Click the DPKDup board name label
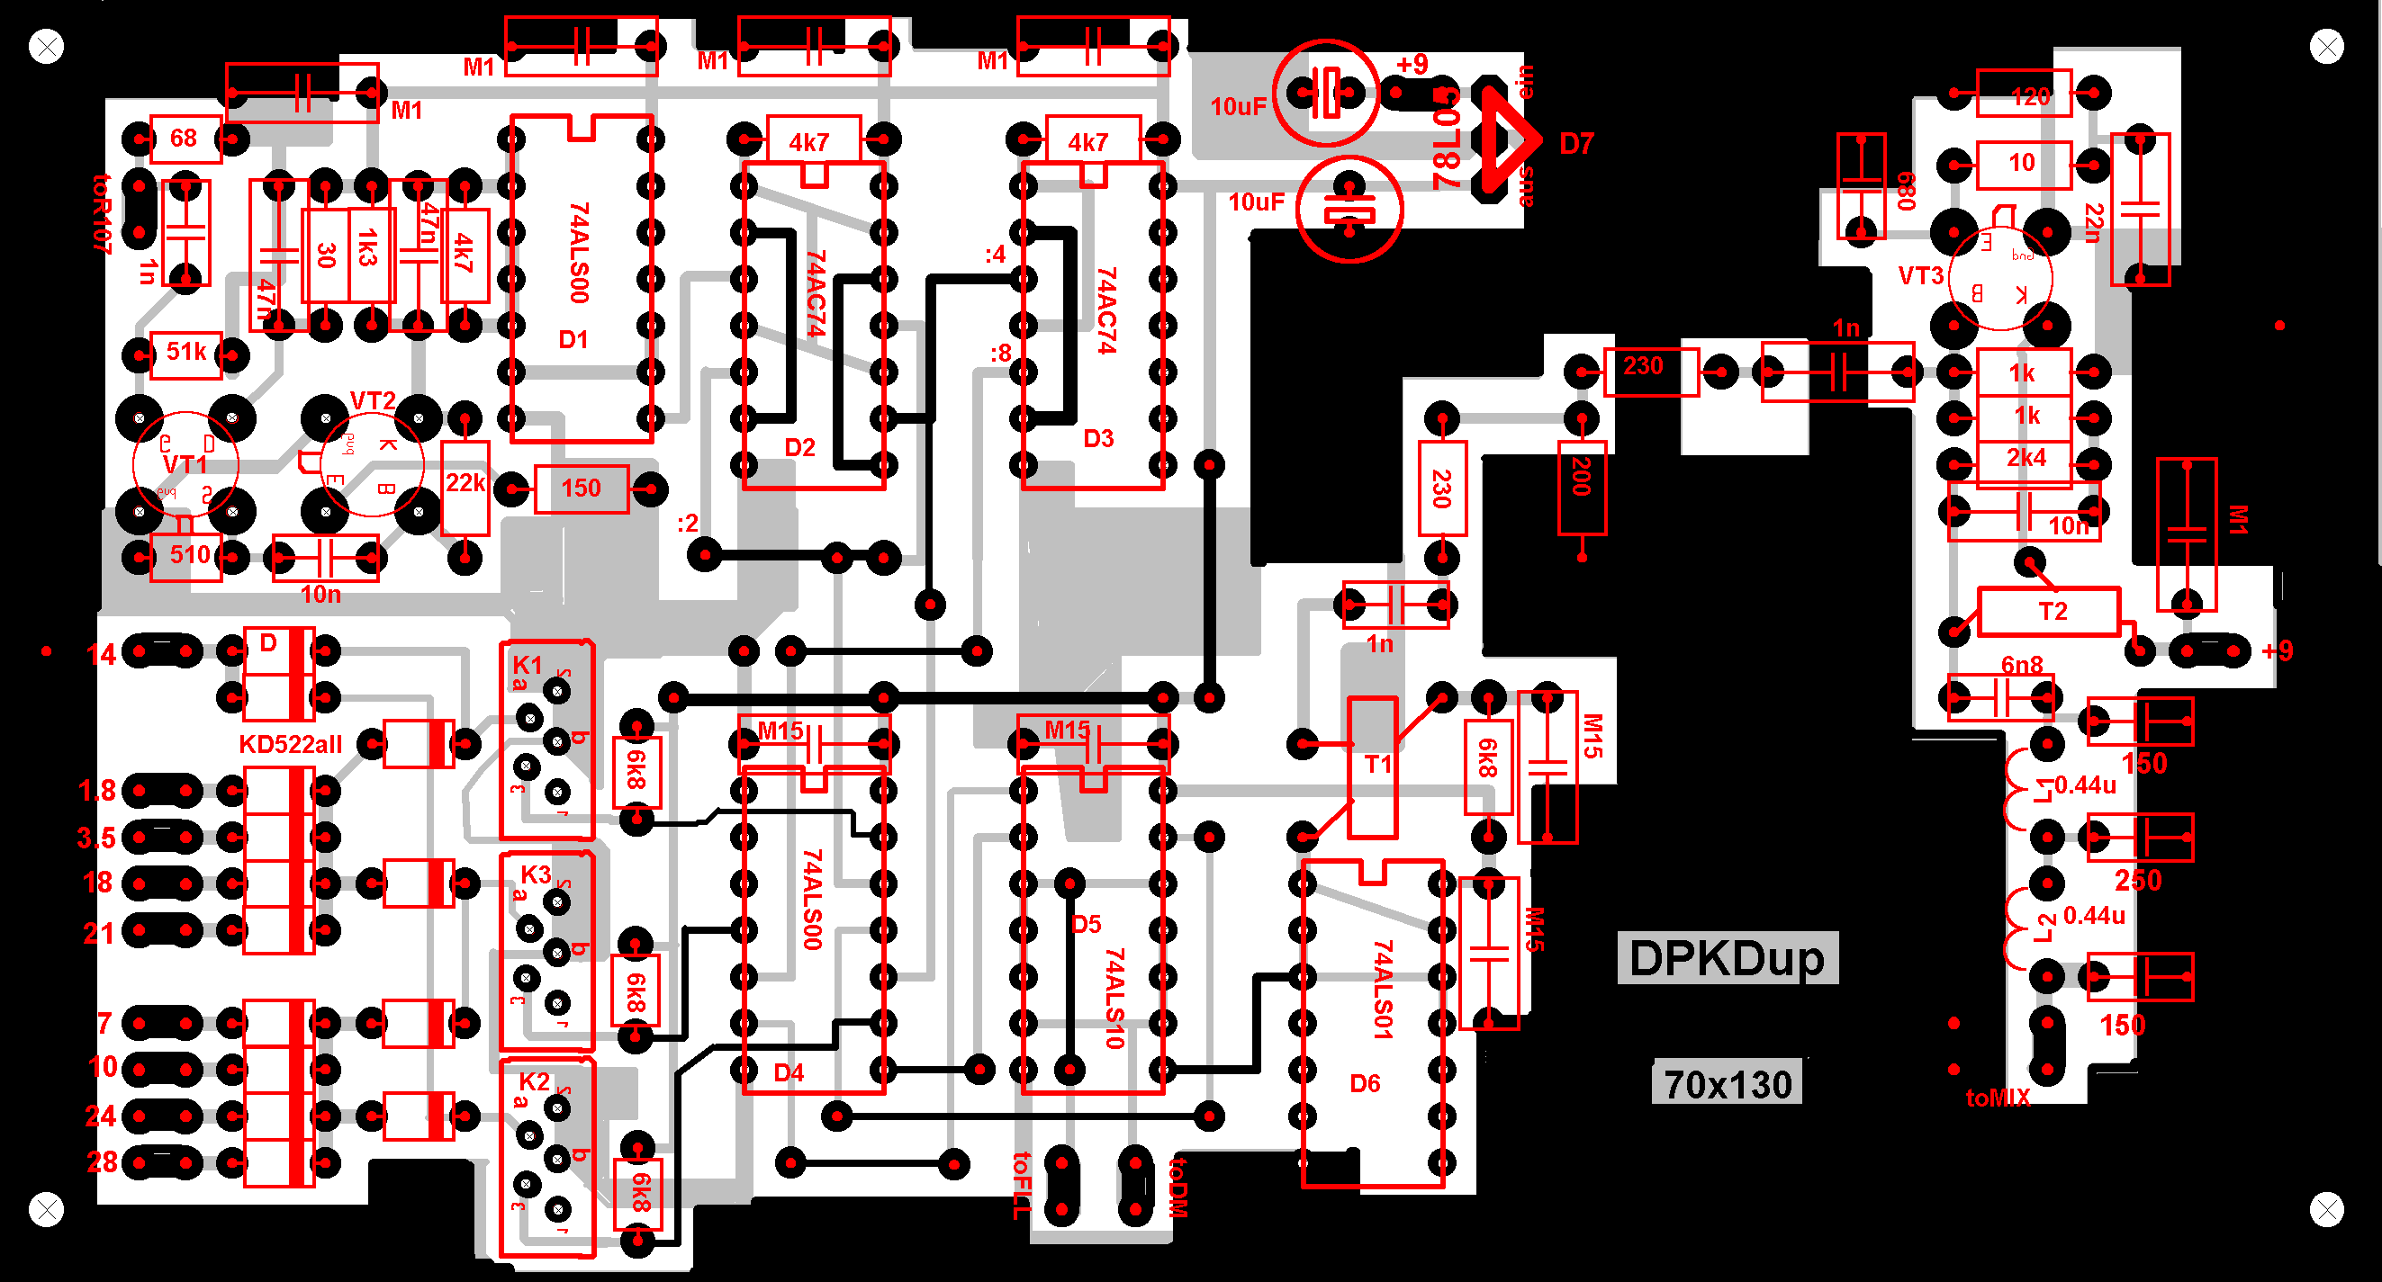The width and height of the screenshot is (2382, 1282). click(x=1727, y=958)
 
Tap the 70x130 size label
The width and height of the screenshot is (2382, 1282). click(x=1727, y=1084)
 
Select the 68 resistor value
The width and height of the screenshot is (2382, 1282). click(x=184, y=139)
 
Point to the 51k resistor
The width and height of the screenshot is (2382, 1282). click(x=185, y=352)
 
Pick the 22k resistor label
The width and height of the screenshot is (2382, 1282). click(x=465, y=483)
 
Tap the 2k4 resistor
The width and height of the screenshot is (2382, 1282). click(x=2026, y=459)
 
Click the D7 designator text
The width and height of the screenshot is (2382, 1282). click(x=1575, y=144)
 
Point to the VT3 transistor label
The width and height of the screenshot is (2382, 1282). click(x=1920, y=276)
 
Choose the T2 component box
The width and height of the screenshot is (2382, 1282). click(x=2049, y=612)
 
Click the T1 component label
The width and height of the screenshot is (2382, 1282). click(x=1376, y=765)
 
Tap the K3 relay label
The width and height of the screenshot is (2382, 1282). click(x=535, y=874)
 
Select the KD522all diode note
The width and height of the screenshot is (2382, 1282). click(x=291, y=745)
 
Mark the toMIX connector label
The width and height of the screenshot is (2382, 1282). click(x=1998, y=1098)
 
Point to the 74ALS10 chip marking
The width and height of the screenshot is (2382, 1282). click(x=1114, y=999)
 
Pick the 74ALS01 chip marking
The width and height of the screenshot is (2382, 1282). click(x=1382, y=989)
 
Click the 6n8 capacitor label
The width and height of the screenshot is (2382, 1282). click(x=2021, y=666)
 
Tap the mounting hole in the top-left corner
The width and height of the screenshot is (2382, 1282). click(x=46, y=46)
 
